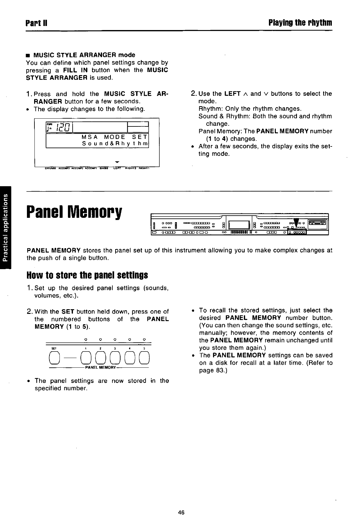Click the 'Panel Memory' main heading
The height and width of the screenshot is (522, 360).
coord(74,212)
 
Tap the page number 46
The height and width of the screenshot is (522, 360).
coord(181,512)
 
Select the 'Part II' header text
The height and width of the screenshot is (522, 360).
coord(36,23)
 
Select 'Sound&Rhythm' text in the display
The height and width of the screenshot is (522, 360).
coord(115,144)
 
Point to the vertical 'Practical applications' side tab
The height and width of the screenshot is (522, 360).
coord(5,227)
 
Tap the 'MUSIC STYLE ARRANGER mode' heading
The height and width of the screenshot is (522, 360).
coord(84,55)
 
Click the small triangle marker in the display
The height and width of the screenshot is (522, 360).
coord(116,162)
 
